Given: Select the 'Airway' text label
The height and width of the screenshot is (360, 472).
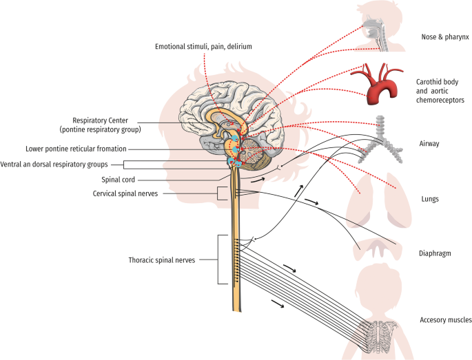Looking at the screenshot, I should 430,144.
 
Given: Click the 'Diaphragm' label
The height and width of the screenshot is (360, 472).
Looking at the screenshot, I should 435,252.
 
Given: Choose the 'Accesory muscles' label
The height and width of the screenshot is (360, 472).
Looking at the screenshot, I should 446,320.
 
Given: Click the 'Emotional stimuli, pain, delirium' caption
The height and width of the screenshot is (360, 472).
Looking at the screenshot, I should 203,46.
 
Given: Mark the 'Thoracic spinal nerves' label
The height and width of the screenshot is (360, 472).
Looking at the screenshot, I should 161,260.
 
